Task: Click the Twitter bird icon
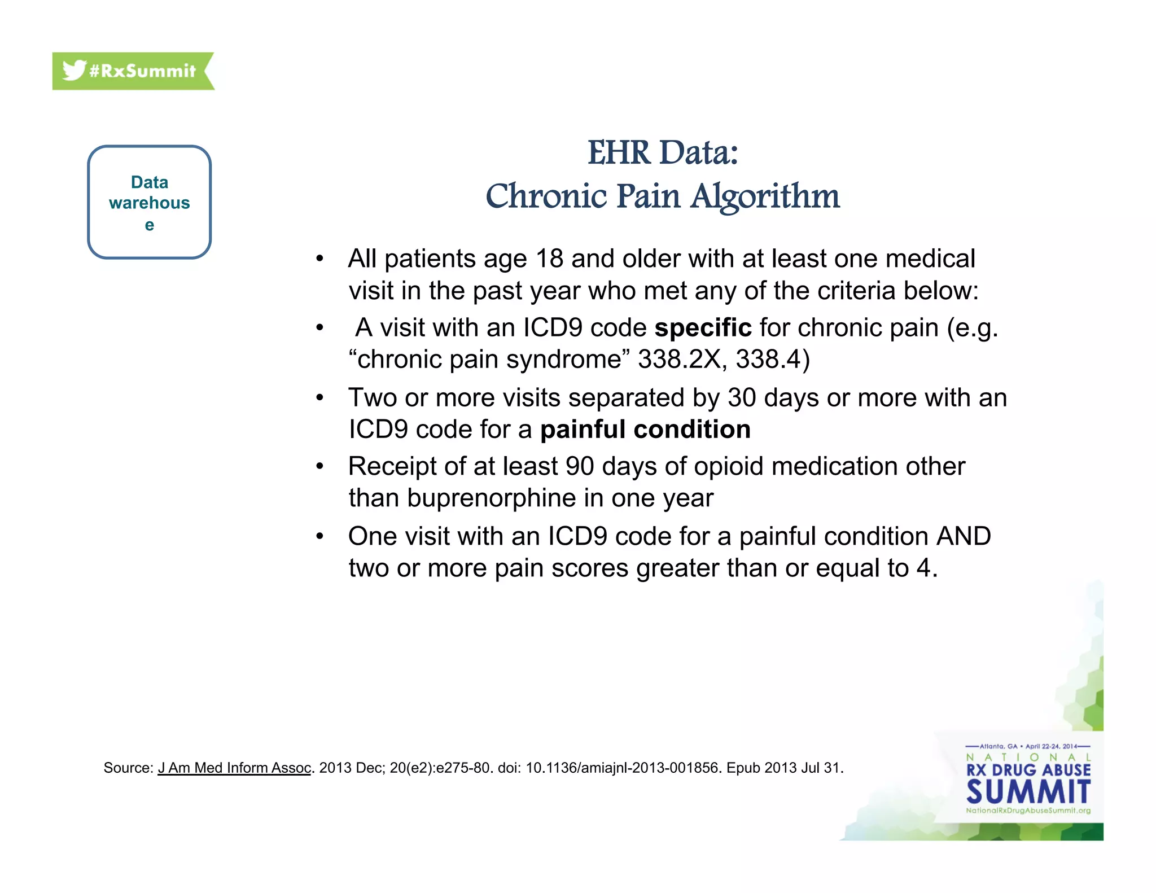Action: click(74, 71)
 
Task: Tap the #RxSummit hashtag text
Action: click(142, 71)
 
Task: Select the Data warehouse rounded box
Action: click(149, 202)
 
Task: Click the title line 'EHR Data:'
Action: click(663, 153)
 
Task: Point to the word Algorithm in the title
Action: click(765, 196)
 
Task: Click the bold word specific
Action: click(703, 328)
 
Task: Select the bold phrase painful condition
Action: click(645, 430)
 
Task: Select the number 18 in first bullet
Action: click(549, 259)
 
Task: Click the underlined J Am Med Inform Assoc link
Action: click(234, 768)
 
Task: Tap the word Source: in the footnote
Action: click(128, 768)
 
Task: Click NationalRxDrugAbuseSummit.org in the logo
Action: click(1028, 811)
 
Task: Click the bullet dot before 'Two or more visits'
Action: click(319, 398)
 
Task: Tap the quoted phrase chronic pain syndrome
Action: click(493, 360)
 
